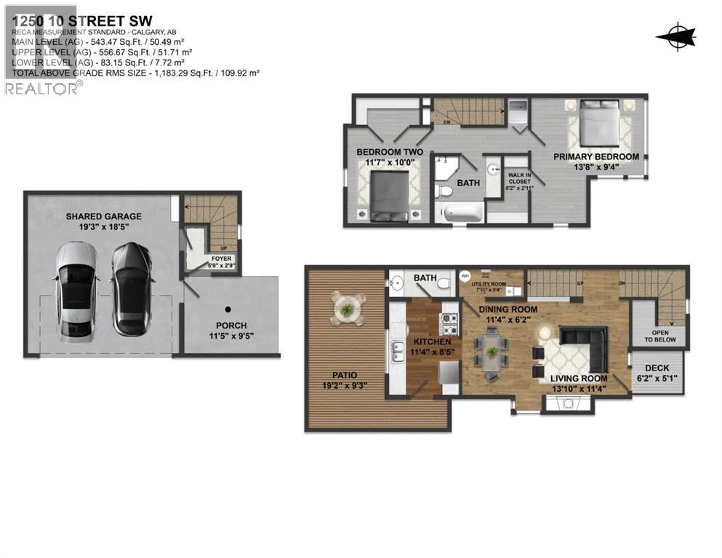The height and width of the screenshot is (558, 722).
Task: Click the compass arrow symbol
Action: pyautogui.click(x=675, y=36)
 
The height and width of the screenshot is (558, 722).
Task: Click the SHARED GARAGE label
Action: pyautogui.click(x=104, y=216)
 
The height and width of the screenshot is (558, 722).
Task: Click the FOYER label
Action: pyautogui.click(x=221, y=258)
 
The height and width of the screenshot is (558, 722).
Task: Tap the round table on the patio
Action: pyautogui.click(x=347, y=308)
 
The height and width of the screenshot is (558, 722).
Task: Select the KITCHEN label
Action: pyautogui.click(x=433, y=341)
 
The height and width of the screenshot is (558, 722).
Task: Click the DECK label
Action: pyautogui.click(x=657, y=368)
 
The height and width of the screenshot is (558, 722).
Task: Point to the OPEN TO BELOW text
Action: pyautogui.click(x=659, y=335)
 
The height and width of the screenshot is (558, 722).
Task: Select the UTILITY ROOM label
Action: pyautogui.click(x=487, y=286)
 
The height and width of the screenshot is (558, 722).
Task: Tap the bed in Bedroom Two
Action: pyautogui.click(x=390, y=196)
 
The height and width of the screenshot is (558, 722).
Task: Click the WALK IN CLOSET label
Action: pyautogui.click(x=518, y=177)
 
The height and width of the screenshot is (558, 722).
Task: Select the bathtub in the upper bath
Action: pyautogui.click(x=460, y=212)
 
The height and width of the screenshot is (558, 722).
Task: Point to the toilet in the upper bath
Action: pyautogui.click(x=445, y=190)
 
